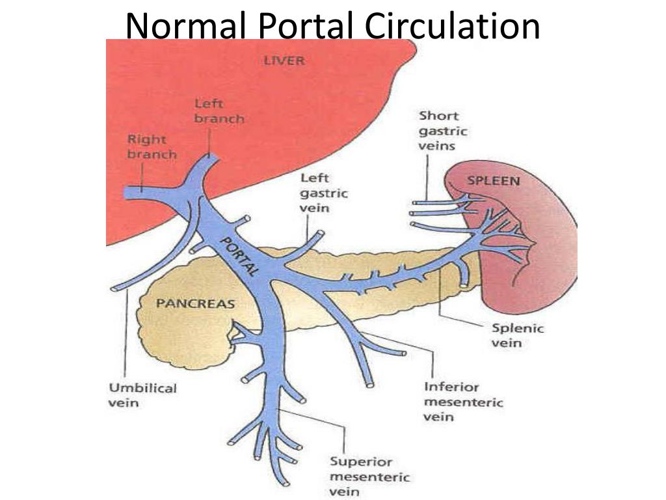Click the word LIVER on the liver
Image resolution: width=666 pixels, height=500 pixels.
coord(284,61)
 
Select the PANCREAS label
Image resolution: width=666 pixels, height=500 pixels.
coord(186,303)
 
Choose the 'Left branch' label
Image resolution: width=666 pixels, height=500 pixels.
coord(219,111)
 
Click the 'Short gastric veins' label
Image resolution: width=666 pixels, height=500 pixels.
coord(443,131)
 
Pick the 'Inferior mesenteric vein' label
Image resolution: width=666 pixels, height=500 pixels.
coord(463,401)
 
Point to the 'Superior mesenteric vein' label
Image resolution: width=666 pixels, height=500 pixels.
coord(369,477)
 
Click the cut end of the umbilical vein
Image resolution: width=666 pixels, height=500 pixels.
coord(113,288)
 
